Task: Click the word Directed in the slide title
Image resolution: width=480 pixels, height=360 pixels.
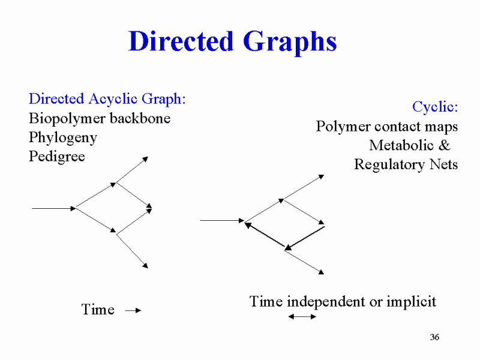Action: click(x=181, y=41)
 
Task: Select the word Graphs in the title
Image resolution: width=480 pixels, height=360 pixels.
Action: click(x=290, y=43)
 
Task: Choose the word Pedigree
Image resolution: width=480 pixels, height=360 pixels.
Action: click(x=57, y=157)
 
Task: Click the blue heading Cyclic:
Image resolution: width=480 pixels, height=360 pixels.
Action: click(x=435, y=107)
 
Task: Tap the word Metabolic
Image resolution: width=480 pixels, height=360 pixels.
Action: click(x=401, y=145)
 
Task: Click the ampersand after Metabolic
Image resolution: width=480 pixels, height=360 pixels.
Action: click(x=445, y=145)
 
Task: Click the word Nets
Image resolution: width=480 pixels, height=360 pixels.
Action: click(x=443, y=164)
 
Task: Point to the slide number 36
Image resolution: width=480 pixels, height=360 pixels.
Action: click(x=434, y=337)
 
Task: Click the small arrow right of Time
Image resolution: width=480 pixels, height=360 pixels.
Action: click(x=133, y=310)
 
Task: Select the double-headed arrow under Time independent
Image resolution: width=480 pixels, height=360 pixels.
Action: click(x=302, y=317)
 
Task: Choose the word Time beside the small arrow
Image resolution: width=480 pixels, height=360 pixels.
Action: click(x=98, y=310)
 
